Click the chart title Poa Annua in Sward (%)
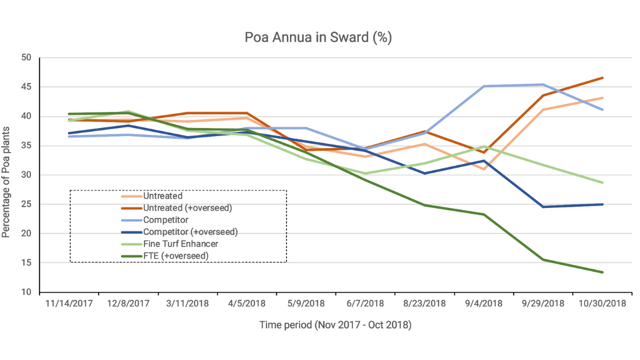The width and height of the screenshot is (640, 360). pyautogui.click(x=318, y=37)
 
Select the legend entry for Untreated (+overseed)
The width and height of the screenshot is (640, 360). pyautogui.click(x=187, y=208)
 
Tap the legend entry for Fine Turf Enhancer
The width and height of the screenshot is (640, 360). pyautogui.click(x=181, y=244)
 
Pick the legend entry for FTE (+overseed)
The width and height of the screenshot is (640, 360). pyautogui.click(x=175, y=256)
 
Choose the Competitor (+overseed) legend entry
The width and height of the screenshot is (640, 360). pyautogui.click(x=190, y=232)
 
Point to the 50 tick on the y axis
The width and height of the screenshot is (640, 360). pyautogui.click(x=27, y=58)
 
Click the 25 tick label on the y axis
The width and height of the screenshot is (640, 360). pyautogui.click(x=27, y=204)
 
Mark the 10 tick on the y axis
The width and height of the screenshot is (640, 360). pyautogui.click(x=27, y=292)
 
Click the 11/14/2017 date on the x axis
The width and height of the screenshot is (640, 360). pyautogui.click(x=69, y=304)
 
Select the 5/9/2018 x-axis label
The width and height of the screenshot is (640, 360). pyautogui.click(x=306, y=304)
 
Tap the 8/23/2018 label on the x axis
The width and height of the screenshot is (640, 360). pyautogui.click(x=425, y=304)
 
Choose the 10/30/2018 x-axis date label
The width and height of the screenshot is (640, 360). pyautogui.click(x=603, y=304)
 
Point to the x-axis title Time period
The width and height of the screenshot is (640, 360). pyautogui.click(x=335, y=324)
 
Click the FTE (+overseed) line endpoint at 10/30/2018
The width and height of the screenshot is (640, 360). pyautogui.click(x=603, y=273)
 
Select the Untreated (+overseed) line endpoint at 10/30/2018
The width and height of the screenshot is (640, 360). pyautogui.click(x=603, y=78)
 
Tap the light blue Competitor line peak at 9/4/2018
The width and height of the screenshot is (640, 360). pyautogui.click(x=484, y=86)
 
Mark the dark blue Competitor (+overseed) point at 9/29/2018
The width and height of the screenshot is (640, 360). pyautogui.click(x=543, y=207)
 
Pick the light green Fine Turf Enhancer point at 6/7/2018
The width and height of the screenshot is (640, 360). pyautogui.click(x=365, y=173)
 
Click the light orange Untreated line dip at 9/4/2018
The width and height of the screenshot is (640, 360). pyautogui.click(x=484, y=169)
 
